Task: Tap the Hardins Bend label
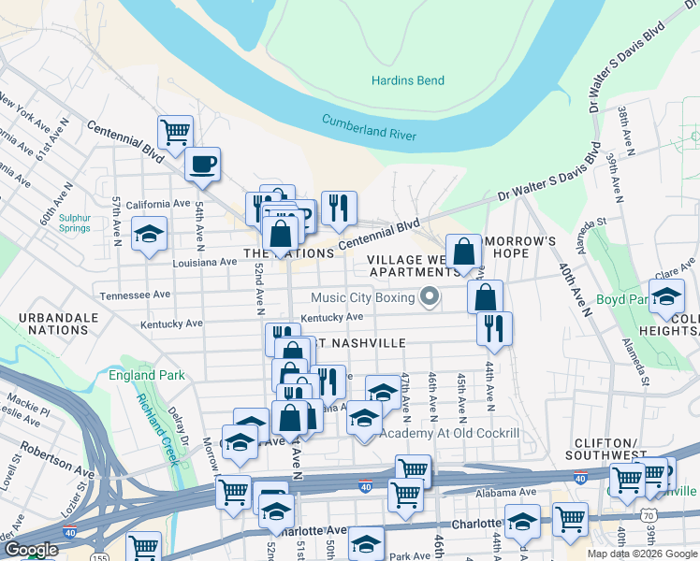point(407,81)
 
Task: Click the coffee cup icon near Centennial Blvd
point(202,165)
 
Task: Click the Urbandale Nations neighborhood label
point(64,324)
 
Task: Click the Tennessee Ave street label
point(136,294)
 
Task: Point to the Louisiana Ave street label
point(205,263)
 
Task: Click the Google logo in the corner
point(30,550)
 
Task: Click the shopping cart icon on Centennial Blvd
point(174,133)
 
